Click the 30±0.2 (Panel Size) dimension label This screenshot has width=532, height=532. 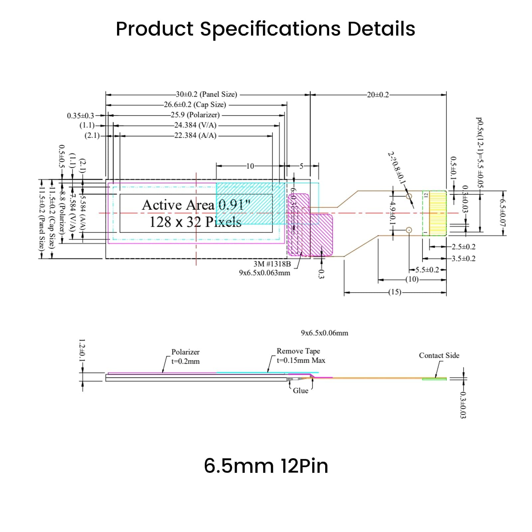206,94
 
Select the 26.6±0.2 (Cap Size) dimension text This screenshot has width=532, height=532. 195,105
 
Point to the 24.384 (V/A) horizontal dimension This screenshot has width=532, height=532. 195,125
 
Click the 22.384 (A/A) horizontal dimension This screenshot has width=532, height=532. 195,136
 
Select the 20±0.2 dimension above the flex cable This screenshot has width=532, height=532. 378,95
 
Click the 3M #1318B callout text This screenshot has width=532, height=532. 272,264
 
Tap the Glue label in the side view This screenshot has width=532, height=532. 300,391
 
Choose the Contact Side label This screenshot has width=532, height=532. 439,355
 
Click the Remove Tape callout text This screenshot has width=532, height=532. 298,351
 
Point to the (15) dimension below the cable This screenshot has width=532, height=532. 395,292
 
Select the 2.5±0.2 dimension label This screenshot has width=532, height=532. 463,247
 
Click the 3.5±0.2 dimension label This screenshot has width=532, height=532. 463,259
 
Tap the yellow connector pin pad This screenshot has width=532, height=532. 438,213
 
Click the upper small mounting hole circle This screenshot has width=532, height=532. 409,196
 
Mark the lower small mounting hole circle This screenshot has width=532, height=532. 409,230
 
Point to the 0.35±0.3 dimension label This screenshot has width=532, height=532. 80,116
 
